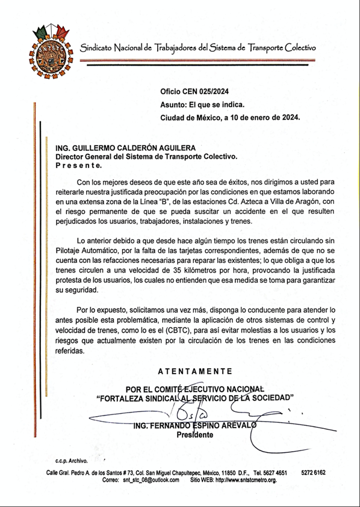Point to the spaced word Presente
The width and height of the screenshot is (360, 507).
coord(78,164)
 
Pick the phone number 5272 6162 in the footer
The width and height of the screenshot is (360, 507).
coord(313,473)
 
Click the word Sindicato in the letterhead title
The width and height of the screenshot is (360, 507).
coord(101,48)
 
